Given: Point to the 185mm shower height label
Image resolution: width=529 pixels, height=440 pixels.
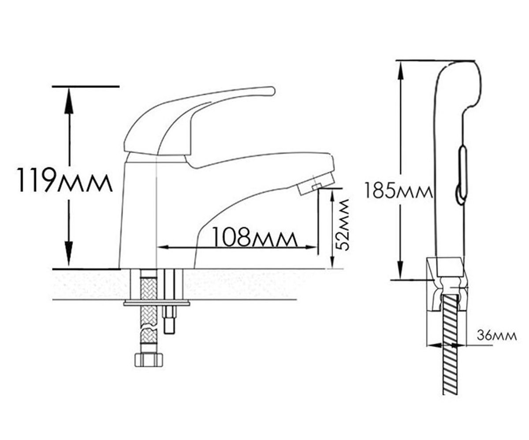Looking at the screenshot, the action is [398, 191].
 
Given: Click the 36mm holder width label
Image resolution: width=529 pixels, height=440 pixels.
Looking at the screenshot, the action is [496, 336].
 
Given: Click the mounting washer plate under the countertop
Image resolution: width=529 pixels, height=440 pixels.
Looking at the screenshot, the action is [156, 303].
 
